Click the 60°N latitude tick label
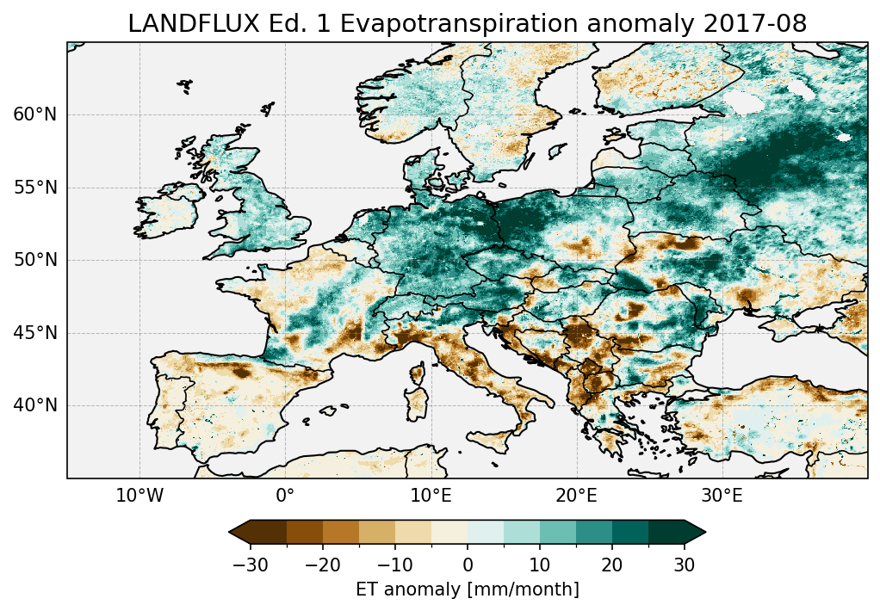[34, 114]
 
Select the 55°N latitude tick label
[34, 188]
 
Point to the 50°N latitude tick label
[34, 260]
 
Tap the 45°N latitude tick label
[34, 333]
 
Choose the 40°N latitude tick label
[34, 405]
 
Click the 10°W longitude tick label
[139, 497]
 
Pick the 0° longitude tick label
[285, 497]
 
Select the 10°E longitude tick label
[431, 497]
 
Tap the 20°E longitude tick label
[576, 497]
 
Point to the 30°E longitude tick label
[722, 497]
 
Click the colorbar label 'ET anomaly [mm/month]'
[468, 589]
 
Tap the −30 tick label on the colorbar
[250, 565]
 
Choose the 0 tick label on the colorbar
[468, 565]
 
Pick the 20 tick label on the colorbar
[612, 565]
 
